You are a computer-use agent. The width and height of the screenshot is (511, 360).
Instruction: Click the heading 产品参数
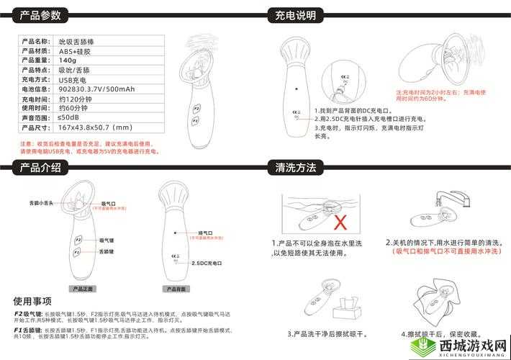point(40,15)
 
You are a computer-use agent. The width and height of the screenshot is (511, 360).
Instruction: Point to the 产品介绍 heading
point(40,168)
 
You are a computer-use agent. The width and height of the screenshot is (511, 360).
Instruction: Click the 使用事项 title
point(32,300)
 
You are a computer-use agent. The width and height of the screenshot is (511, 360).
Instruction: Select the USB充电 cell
point(73,79)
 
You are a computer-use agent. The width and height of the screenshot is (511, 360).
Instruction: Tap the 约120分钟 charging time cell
point(75,99)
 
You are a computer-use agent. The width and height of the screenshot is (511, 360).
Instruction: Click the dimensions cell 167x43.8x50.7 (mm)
point(94,127)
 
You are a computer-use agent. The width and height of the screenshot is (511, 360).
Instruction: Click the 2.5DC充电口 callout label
point(209,264)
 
